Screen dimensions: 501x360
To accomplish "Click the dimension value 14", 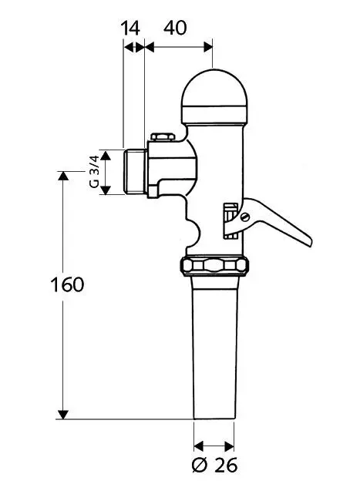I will point(132,28).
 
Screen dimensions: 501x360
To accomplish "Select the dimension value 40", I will point(176,28).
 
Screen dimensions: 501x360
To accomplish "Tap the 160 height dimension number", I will point(67,284).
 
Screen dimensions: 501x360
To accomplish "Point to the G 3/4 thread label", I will point(93,172).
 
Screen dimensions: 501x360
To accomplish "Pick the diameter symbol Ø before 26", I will point(199,466).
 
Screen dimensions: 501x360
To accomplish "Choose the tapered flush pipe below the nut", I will point(214,347).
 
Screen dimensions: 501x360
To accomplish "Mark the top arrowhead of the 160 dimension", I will point(62,176).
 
